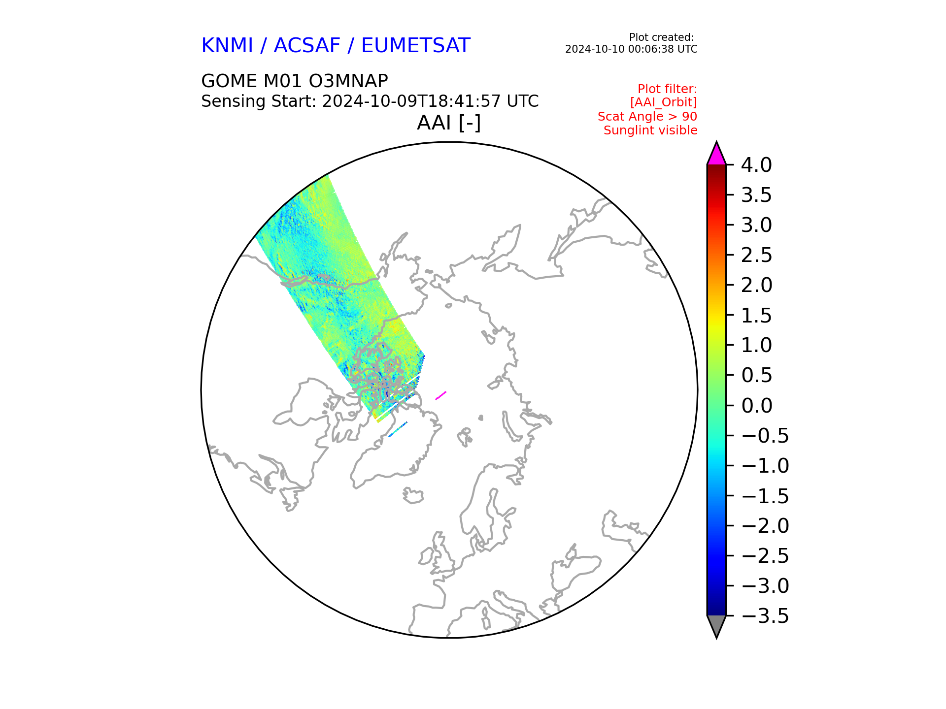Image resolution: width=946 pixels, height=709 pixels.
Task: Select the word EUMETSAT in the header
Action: (416, 46)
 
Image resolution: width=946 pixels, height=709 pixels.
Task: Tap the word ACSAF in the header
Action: (307, 46)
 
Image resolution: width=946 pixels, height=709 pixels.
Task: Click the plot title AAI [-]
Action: (449, 123)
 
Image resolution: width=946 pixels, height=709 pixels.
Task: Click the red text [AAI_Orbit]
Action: (664, 102)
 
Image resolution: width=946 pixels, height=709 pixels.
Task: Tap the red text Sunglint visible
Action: (650, 130)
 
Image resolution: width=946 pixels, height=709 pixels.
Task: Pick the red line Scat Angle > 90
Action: (647, 117)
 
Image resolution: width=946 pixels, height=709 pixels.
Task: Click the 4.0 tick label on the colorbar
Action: (756, 165)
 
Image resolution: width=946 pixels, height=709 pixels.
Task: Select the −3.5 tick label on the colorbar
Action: (765, 616)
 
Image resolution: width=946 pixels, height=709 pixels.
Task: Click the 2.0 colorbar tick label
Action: (756, 285)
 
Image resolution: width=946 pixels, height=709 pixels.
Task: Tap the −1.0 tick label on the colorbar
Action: (765, 466)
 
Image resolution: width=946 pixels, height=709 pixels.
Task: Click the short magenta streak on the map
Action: (440, 395)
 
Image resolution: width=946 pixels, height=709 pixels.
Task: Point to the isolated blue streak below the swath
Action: (398, 429)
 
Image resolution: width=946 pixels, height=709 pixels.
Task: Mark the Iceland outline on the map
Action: (413, 495)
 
